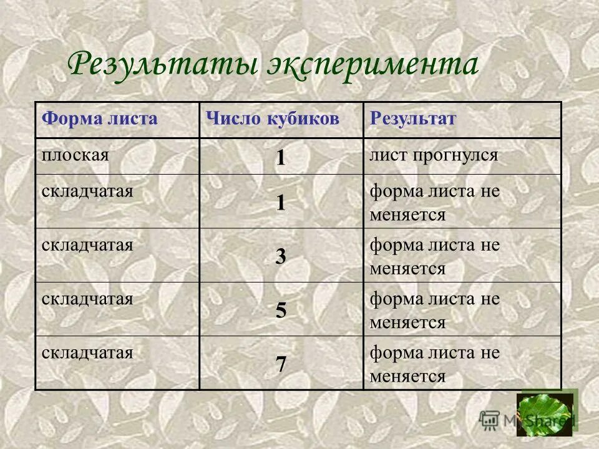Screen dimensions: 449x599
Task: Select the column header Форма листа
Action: click(99, 119)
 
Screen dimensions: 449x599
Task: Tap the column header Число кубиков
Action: click(273, 119)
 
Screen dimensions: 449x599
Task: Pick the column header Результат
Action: click(413, 119)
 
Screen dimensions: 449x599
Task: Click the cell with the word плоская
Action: click(75, 154)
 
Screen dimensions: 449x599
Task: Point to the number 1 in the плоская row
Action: click(281, 157)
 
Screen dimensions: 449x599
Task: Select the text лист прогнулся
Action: click(434, 155)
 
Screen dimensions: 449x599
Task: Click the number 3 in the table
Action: click(281, 257)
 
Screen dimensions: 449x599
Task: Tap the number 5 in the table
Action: click(281, 311)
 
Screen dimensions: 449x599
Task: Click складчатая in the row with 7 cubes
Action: click(87, 352)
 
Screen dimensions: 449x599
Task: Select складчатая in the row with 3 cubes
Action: click(87, 244)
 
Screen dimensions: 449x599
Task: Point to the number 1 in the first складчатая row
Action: click(281, 203)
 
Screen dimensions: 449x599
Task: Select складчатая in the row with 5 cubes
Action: click(87, 298)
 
